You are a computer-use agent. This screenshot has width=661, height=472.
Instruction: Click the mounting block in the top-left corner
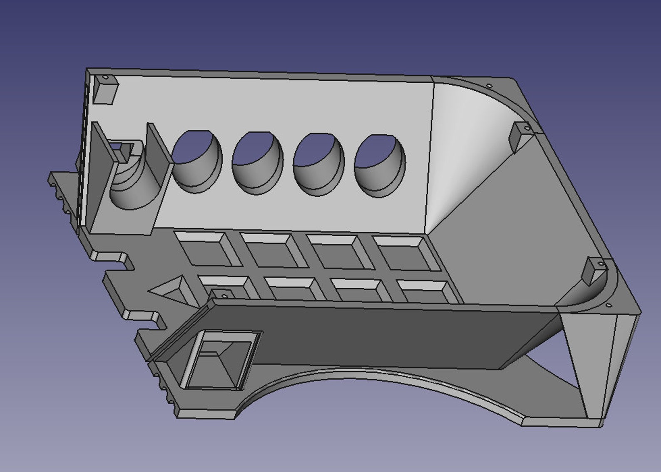coord(104,89)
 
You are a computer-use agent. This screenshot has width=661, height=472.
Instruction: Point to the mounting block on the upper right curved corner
coord(520,136)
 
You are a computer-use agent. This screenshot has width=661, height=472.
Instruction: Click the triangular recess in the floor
coord(172,289)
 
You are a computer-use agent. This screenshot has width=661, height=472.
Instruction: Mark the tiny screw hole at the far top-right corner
coord(489,86)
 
